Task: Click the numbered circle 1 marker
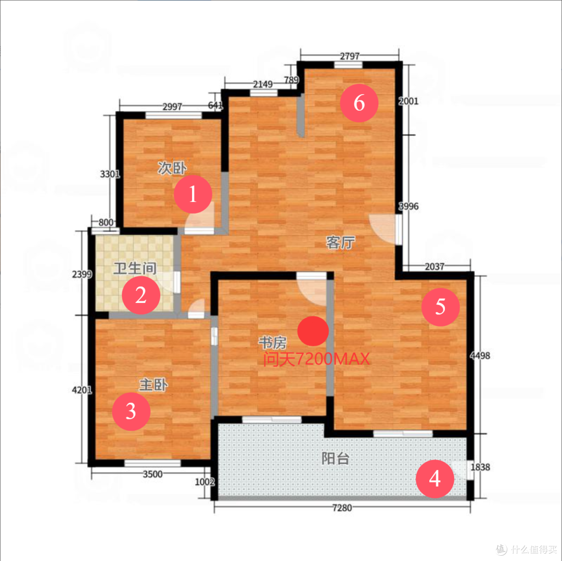[193, 194]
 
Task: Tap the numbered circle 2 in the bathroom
[141, 295]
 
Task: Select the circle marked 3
[131, 411]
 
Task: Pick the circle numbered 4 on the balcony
[435, 479]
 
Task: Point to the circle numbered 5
[441, 307]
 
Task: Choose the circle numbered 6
[359, 103]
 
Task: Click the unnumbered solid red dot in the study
[313, 331]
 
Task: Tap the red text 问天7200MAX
[316, 359]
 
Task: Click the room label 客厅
[340, 243]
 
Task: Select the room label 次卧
[172, 168]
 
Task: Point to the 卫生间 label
[135, 268]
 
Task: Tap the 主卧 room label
[154, 385]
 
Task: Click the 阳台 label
[335, 458]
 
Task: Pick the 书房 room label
[273, 343]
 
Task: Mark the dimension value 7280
[342, 507]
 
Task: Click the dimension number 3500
[152, 474]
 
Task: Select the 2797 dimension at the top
[350, 56]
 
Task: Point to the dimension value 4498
[480, 355]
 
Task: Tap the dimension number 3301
[110, 174]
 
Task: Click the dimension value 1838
[480, 467]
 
